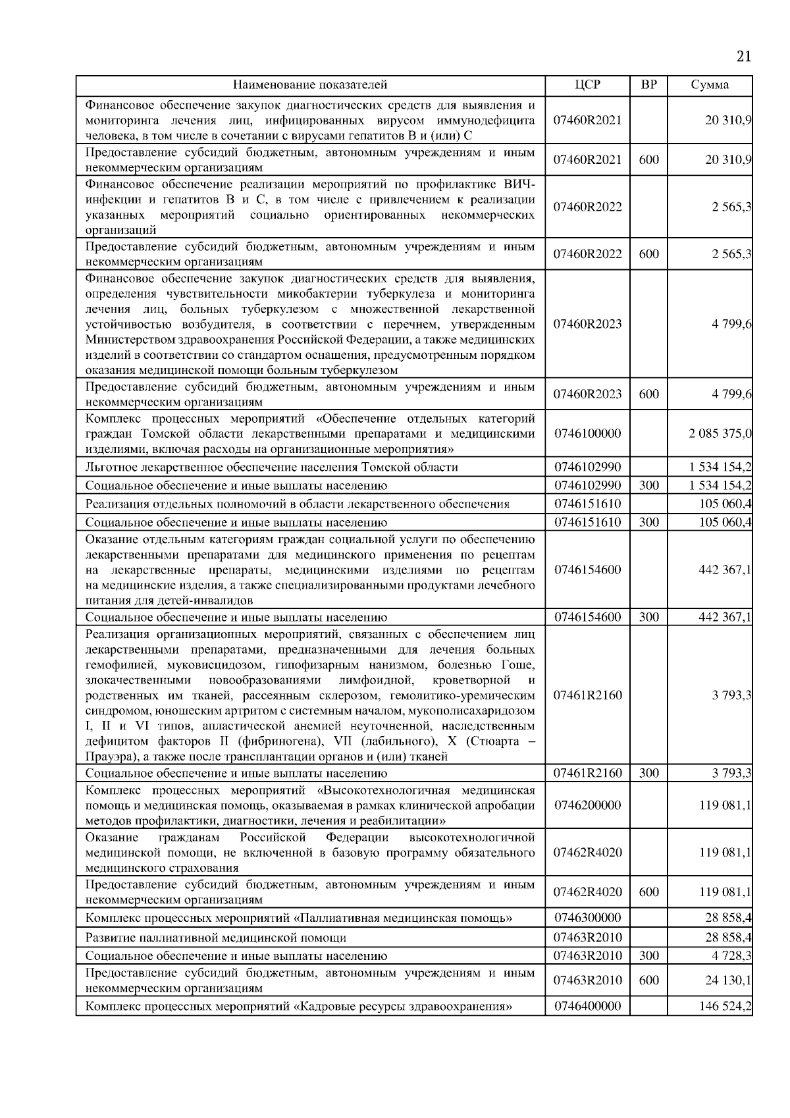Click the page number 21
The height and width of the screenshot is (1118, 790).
pyautogui.click(x=743, y=57)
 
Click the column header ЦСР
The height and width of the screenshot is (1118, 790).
pyautogui.click(x=587, y=85)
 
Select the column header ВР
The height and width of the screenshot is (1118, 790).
pyautogui.click(x=648, y=85)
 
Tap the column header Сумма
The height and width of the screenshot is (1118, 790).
pyautogui.click(x=710, y=85)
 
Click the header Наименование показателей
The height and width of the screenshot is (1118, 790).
pyautogui.click(x=310, y=85)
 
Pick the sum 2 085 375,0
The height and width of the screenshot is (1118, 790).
pyautogui.click(x=720, y=434)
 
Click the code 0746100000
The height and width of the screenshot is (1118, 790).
pyautogui.click(x=587, y=434)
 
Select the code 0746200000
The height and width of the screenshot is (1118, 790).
pyautogui.click(x=587, y=805)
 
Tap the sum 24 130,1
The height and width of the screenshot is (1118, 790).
pyautogui.click(x=728, y=980)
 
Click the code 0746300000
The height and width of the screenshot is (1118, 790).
pyautogui.click(x=587, y=917)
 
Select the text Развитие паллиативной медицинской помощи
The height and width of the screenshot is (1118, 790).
pyautogui.click(x=216, y=937)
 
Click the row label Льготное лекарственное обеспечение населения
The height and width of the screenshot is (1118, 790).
pyautogui.click(x=271, y=467)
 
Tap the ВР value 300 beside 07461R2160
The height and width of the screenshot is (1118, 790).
pyautogui.click(x=648, y=773)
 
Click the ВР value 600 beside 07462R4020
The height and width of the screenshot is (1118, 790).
pyautogui.click(x=648, y=892)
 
